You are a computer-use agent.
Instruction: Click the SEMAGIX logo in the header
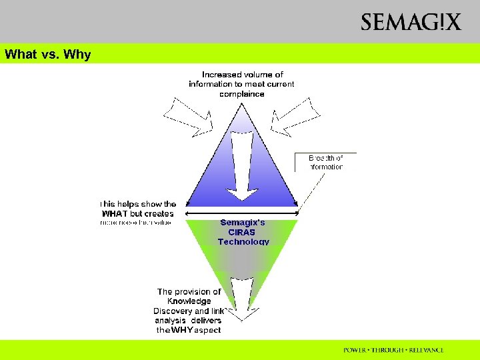click(x=411, y=23)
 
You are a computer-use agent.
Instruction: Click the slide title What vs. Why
click(x=47, y=55)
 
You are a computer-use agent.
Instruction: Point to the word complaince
click(x=241, y=94)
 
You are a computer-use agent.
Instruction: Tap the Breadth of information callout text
click(x=326, y=162)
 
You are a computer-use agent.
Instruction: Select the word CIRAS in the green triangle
click(x=243, y=232)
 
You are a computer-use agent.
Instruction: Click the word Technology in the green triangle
click(x=243, y=241)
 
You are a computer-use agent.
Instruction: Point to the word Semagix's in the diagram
click(x=243, y=223)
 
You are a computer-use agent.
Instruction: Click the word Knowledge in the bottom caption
click(x=189, y=301)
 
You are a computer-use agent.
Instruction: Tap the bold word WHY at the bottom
click(x=181, y=330)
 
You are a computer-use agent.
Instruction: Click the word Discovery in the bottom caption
click(x=173, y=311)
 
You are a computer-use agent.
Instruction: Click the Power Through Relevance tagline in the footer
click(x=393, y=350)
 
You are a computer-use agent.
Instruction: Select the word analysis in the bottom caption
click(x=169, y=321)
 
